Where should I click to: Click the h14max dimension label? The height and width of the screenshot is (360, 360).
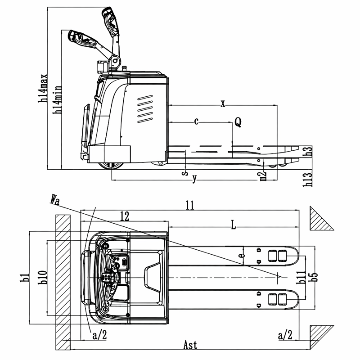[x=43, y=88]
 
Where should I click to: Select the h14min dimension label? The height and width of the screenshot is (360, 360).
[x=57, y=99]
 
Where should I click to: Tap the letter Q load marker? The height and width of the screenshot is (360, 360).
[x=238, y=122]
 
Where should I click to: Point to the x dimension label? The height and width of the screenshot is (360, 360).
[x=223, y=104]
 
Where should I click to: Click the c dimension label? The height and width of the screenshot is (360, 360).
[x=196, y=121]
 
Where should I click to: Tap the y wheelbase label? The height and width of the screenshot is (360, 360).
[x=195, y=178]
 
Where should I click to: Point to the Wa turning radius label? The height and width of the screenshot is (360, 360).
[x=54, y=200]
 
